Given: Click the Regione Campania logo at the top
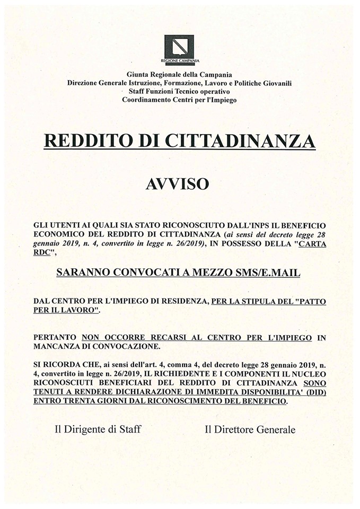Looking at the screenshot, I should click(179, 47).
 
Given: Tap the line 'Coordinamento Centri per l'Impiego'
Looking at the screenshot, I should click(179, 100).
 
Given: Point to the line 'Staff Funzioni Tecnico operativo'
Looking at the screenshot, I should click(179, 91).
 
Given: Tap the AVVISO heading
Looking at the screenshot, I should click(179, 184).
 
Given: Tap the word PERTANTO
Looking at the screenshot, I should click(55, 337).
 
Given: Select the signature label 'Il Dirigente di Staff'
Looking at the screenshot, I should click(98, 429).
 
